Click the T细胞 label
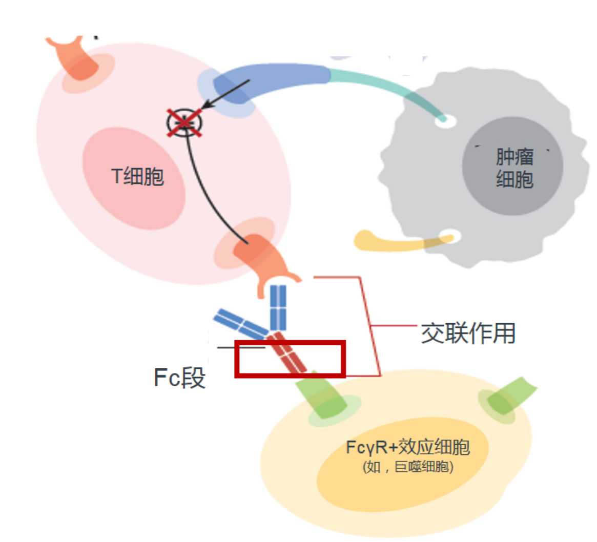(x=137, y=177)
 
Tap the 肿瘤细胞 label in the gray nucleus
(x=514, y=168)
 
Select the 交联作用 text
(x=468, y=333)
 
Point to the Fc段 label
(x=179, y=378)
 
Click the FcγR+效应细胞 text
(x=408, y=447)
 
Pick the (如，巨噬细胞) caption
(x=408, y=467)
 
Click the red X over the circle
(x=184, y=122)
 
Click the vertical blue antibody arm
(x=278, y=308)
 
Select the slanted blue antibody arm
(x=241, y=324)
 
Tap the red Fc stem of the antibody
(x=286, y=352)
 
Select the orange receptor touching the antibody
(x=266, y=263)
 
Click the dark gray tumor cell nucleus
(x=512, y=166)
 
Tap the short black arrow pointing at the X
(x=225, y=94)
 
